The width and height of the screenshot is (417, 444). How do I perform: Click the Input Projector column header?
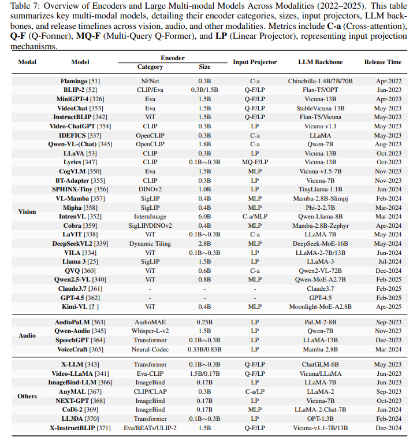coord(255,62)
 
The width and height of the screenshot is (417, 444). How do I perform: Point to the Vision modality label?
coord(27,212)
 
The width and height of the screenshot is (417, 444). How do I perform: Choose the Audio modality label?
coord(27,335)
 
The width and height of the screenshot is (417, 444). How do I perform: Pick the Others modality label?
coord(27,397)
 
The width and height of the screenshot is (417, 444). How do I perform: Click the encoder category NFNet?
coord(150,82)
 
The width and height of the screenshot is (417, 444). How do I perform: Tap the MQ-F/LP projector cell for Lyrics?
coord(255,162)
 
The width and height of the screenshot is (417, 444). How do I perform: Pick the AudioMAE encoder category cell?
coord(150,321)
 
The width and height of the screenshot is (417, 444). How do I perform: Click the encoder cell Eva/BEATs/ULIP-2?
coord(150,428)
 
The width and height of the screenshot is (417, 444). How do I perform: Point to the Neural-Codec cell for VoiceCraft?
coord(150,349)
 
